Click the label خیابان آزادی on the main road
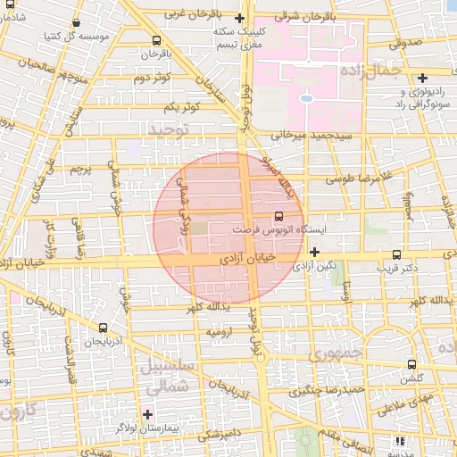[264, 259]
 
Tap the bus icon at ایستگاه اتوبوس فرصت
[279, 216]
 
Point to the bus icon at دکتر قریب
[396, 254]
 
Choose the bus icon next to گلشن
[411, 364]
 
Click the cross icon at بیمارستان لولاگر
[147, 414]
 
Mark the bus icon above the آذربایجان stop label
[104, 328]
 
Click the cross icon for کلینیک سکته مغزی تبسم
[238, 18]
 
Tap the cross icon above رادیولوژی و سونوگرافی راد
[422, 78]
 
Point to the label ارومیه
[221, 331]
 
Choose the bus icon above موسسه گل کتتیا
[76, 23]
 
